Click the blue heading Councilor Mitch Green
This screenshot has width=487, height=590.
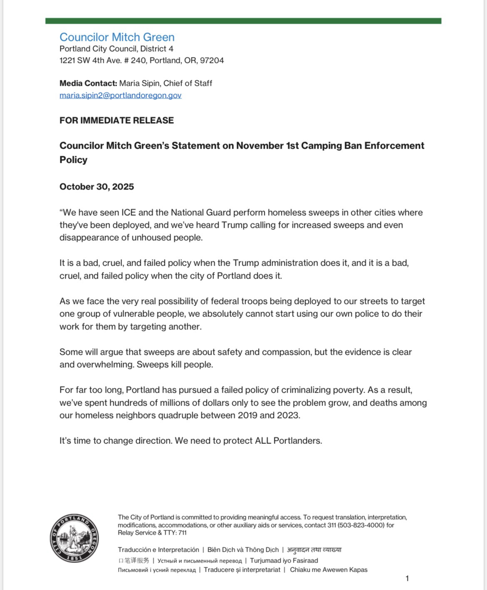[117, 37]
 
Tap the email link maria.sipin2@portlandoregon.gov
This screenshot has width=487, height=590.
[120, 95]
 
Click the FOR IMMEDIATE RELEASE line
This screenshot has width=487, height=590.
[117, 121]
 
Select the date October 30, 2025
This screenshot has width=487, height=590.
[97, 187]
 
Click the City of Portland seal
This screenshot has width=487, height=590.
[75, 538]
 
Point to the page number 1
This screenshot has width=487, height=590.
[407, 578]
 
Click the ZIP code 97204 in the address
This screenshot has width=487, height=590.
[212, 61]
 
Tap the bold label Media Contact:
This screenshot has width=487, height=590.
[88, 83]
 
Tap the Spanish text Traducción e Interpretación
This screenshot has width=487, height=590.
[158, 550]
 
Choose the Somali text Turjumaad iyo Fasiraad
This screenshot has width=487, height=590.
[284, 561]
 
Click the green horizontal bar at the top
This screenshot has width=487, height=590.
[243, 21]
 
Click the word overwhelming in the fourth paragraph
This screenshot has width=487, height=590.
[105, 365]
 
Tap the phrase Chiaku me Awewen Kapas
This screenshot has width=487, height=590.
[328, 570]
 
